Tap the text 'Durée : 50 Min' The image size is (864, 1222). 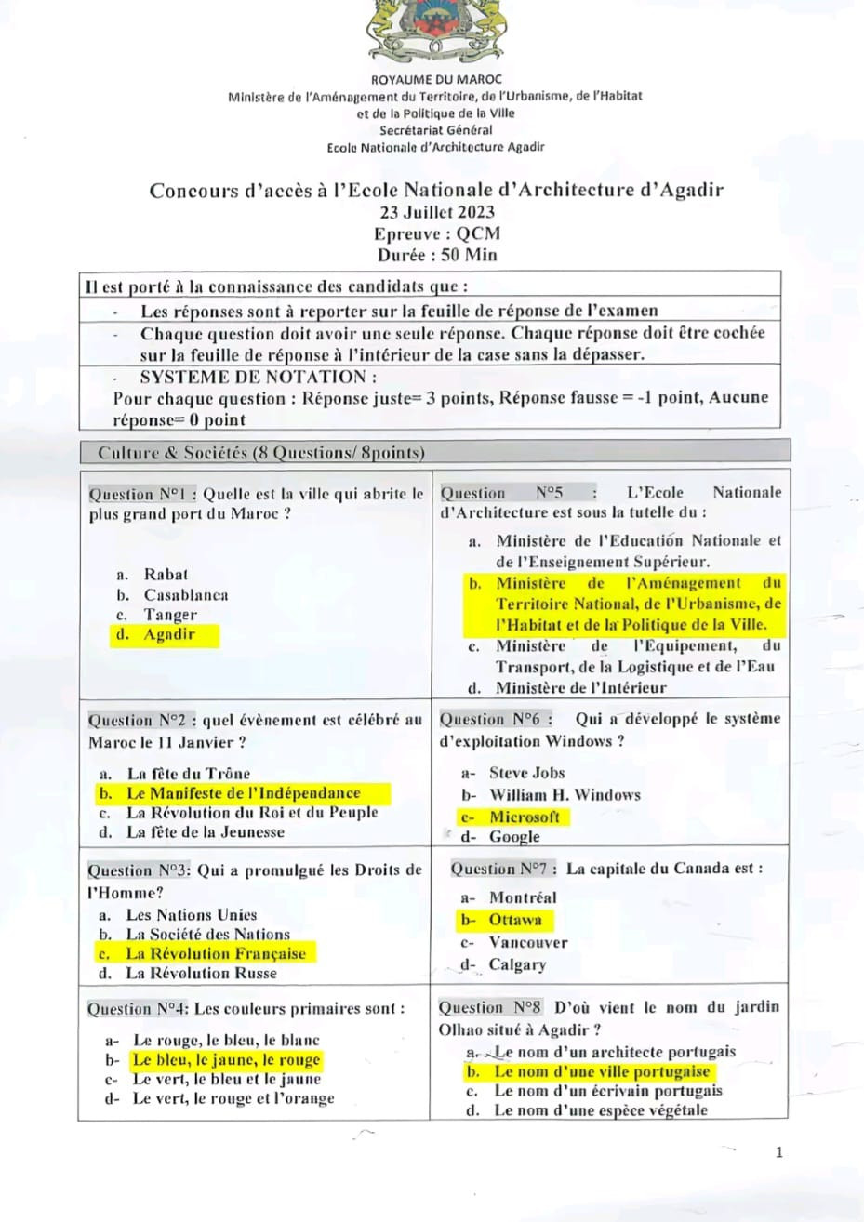click(436, 255)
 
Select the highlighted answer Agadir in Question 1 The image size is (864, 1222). click(168, 635)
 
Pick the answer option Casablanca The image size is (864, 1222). click(185, 595)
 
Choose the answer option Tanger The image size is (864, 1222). click(170, 615)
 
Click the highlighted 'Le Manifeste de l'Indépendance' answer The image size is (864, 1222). click(243, 793)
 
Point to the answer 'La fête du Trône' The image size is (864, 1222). click(188, 773)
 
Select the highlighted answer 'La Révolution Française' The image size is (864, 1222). click(215, 953)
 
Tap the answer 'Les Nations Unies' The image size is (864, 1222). click(191, 914)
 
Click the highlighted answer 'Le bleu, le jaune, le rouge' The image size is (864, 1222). click(226, 1059)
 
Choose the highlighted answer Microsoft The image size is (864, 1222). click(525, 817)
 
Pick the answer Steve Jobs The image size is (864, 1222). click(526, 773)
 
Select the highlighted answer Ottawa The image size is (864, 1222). click(515, 920)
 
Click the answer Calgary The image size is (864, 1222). click(517, 964)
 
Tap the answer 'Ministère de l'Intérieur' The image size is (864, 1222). click(580, 688)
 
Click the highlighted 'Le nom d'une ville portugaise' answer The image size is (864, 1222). click(601, 1071)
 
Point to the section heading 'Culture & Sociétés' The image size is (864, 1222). click(173, 453)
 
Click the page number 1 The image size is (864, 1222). click(778, 1152)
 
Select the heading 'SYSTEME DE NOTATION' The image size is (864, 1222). click(259, 377)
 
